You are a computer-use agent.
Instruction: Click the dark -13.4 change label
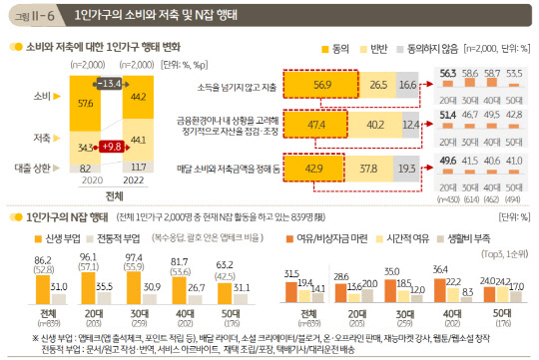point(111,81)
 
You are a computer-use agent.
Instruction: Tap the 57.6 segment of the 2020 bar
point(83,101)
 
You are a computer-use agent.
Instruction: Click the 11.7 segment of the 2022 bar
point(139,167)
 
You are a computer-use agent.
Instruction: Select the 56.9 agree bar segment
point(323,86)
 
